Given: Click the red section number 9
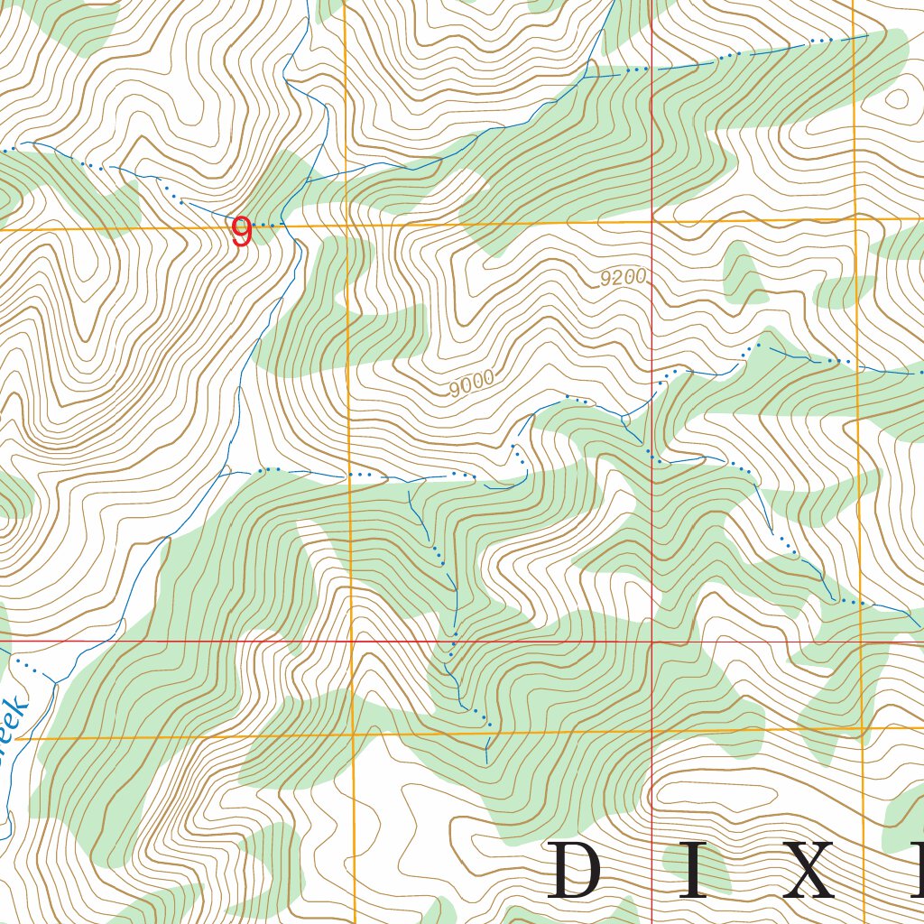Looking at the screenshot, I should [241, 233].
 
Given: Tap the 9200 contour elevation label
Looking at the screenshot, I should [624, 278].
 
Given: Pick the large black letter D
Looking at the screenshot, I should [574, 870].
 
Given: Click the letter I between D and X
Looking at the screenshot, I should [694, 870].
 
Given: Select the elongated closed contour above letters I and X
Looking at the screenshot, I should [713, 794].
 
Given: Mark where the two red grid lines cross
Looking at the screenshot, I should [652, 642].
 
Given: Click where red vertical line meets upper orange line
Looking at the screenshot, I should [651, 221].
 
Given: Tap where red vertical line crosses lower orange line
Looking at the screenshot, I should [652, 731].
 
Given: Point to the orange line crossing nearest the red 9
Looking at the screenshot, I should [346, 226].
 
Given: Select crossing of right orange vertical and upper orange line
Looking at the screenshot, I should [854, 218].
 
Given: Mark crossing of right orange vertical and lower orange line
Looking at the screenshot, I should [863, 727].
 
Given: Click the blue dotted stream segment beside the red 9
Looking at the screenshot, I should [266, 223].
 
